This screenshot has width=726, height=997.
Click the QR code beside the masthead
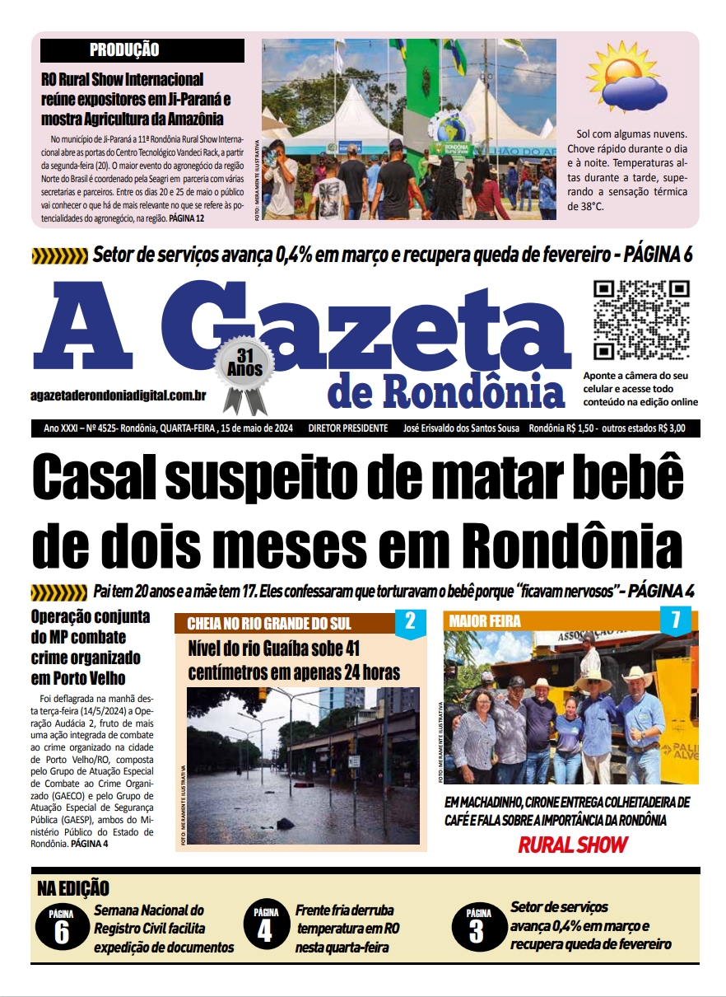(x=641, y=320)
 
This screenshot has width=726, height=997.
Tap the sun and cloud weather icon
(x=627, y=77)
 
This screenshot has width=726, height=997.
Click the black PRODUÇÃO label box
(x=142, y=50)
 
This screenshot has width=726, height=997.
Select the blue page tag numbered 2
(x=410, y=622)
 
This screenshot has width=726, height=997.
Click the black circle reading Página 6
(x=62, y=927)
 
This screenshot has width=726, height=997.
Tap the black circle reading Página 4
(x=266, y=927)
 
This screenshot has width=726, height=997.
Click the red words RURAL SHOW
(x=572, y=845)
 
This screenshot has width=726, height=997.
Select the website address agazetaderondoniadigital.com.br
(x=118, y=396)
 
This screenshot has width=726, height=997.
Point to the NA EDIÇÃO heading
(x=73, y=888)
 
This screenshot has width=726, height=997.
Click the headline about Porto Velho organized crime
(x=91, y=648)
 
